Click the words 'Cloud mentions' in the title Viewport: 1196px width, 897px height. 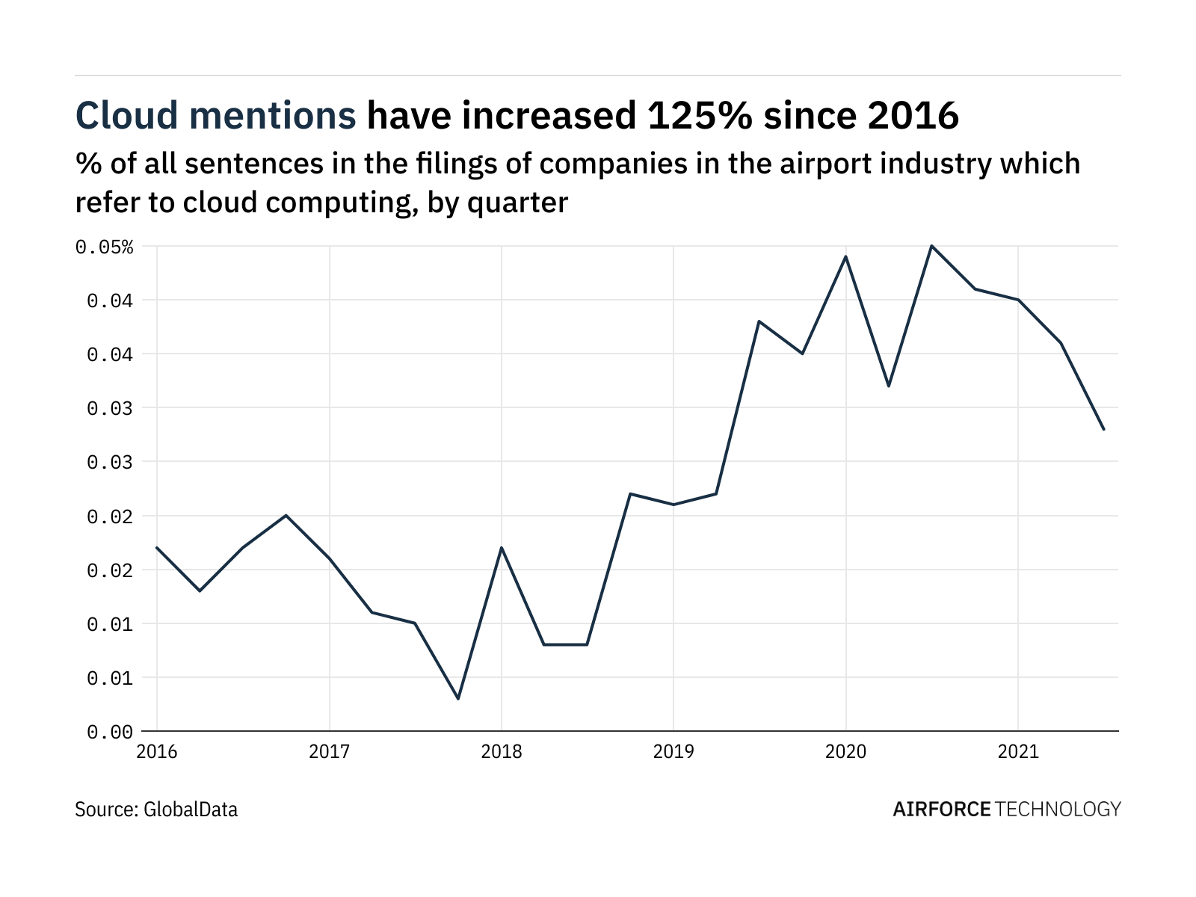coord(215,116)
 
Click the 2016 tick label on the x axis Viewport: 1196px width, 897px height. coord(157,751)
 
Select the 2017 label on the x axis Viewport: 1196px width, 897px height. coord(329,751)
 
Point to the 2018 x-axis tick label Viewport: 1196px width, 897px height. coord(502,751)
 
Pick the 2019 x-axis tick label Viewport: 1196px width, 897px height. coord(673,751)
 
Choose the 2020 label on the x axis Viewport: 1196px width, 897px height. coord(845,751)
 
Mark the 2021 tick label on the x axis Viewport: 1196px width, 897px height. coord(1018,751)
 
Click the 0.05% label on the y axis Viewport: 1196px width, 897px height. coord(105,247)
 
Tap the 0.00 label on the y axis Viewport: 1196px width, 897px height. coord(110,732)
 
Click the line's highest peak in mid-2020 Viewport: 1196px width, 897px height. coord(931,246)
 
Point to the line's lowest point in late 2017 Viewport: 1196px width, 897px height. coord(458,699)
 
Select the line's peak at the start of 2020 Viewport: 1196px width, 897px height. coord(845,256)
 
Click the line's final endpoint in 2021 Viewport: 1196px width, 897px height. coord(1103,429)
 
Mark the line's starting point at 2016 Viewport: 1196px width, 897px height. coord(157,548)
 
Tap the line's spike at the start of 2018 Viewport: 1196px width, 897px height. coord(502,548)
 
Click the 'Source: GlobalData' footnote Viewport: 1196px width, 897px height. coord(156,810)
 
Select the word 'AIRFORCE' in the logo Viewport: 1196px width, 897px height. coord(942,810)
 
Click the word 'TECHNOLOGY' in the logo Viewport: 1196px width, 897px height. coord(1058,810)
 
